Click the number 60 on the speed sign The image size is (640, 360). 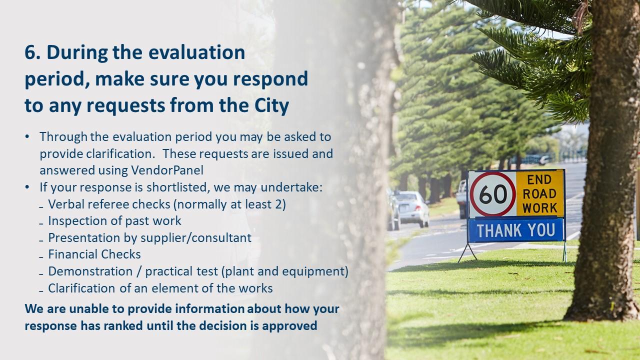(x=492, y=194)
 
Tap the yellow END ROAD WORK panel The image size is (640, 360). (x=539, y=194)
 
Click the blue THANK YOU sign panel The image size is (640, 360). (x=515, y=230)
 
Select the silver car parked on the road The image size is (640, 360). (x=411, y=208)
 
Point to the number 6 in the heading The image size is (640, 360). (x=29, y=52)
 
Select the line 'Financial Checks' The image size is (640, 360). (x=94, y=254)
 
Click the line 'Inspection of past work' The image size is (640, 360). (x=114, y=220)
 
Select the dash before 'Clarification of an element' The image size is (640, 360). (x=41, y=289)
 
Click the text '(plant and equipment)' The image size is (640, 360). (x=284, y=271)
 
